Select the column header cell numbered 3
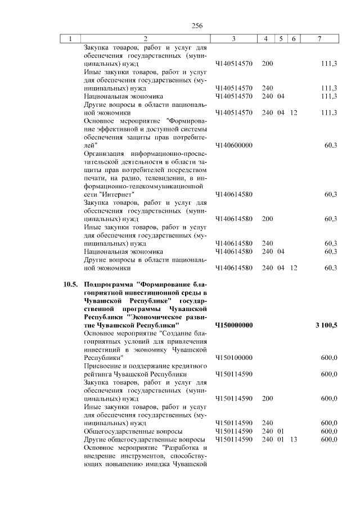click(233, 39)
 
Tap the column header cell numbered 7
click(319, 39)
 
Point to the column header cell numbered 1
click(70, 39)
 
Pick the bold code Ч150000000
click(234, 325)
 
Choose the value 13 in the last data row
click(294, 439)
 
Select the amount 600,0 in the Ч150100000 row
click(328, 357)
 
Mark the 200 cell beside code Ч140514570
click(267, 64)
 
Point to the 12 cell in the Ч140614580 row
click(294, 268)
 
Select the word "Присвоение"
click(102, 366)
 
